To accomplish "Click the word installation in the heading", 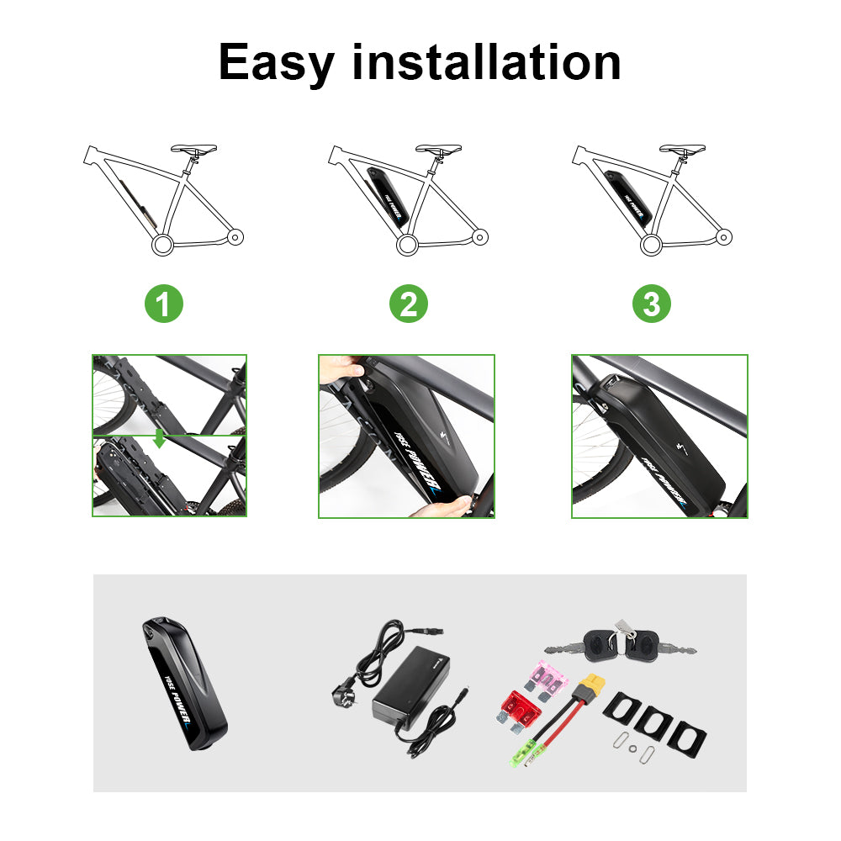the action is tap(486, 62).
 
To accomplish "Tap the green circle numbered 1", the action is tap(164, 304).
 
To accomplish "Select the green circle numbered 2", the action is tap(409, 304).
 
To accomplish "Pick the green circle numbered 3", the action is tap(652, 304).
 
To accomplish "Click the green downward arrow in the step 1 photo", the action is tap(159, 437).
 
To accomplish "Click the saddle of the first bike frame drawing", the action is tap(193, 149).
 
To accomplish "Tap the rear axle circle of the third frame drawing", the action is tap(724, 236).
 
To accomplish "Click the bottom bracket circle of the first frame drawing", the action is tap(162, 245).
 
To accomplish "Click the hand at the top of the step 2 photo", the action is tap(341, 369).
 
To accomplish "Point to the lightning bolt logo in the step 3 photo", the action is tap(681, 448).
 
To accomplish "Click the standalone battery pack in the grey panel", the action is tap(184, 683).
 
